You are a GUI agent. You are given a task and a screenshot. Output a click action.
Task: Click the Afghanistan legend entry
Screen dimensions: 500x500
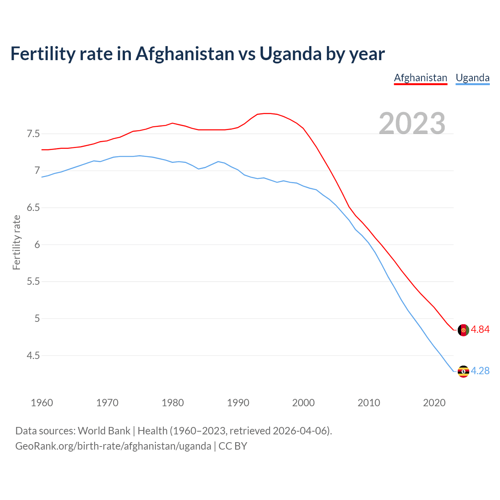pos(420,78)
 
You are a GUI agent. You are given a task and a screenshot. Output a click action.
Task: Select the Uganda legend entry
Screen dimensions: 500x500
pos(473,78)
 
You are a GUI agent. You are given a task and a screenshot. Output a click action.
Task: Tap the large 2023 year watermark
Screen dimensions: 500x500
pos(412,123)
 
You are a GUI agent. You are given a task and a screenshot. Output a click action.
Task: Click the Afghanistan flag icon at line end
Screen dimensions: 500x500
pos(463,330)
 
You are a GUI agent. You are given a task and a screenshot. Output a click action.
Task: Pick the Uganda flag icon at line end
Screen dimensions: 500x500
pos(463,371)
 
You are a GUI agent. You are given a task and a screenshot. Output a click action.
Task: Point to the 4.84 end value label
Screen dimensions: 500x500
pos(480,330)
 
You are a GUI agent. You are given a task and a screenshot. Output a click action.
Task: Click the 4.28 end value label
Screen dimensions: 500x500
pos(480,371)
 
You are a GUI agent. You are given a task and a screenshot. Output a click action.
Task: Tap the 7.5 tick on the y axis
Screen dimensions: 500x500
pos(33,134)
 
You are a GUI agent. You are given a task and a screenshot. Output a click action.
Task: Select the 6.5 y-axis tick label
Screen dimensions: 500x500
pos(33,208)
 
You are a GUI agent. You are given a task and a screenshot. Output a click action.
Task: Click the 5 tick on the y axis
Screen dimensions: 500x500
pos(37,319)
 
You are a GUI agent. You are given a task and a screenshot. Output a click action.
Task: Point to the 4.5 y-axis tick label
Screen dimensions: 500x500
pos(33,355)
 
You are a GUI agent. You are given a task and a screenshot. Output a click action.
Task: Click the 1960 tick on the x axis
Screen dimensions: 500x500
pos(42,403)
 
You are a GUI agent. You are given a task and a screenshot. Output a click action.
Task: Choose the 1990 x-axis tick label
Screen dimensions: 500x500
pos(238,403)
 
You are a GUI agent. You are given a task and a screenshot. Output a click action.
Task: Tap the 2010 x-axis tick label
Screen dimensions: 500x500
pos(369,403)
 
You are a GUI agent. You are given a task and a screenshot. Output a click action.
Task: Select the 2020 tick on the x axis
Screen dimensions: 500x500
pos(434,403)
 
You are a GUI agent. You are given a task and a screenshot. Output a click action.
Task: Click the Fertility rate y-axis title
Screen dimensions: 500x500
pos(16,242)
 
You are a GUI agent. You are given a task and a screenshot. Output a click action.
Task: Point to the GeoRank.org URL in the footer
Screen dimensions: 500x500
pos(113,446)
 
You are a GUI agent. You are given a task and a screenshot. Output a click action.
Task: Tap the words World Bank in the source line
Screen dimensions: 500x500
pos(104,431)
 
